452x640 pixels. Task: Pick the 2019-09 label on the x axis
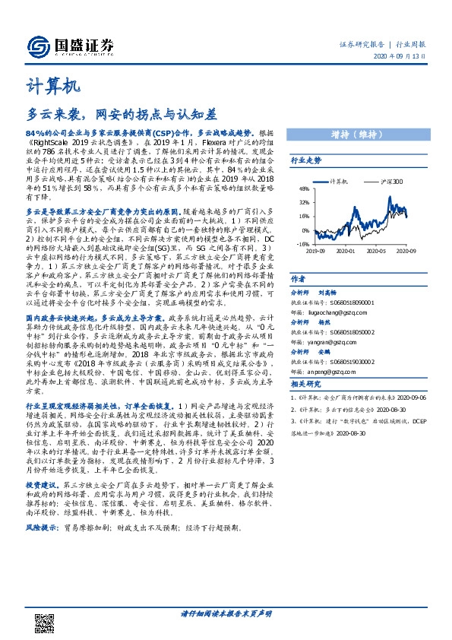tap(316, 249)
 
